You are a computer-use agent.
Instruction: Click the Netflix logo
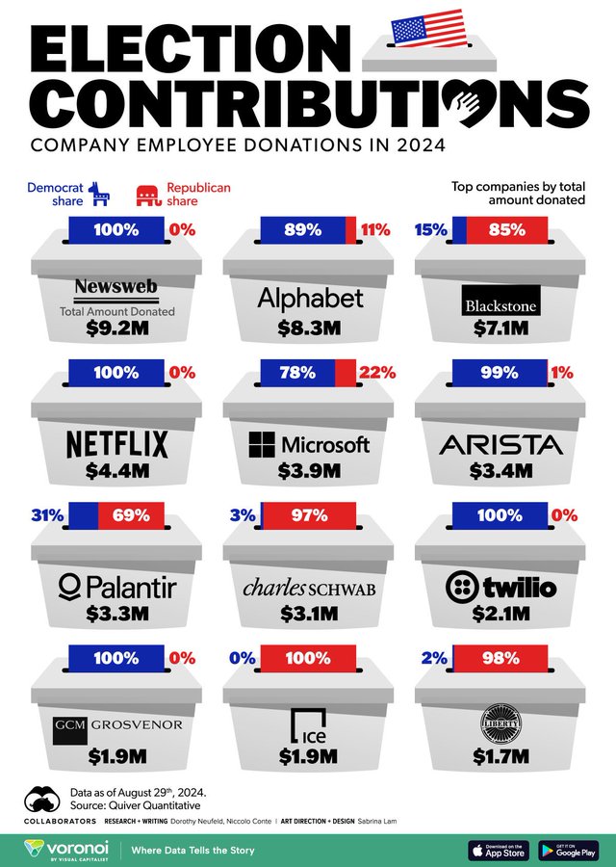point(116,444)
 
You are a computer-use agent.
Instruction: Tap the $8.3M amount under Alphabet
point(308,328)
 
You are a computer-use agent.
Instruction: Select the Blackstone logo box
point(500,300)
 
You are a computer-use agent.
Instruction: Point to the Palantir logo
point(116,586)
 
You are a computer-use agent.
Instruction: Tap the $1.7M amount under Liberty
point(500,756)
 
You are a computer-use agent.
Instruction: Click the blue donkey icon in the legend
point(100,196)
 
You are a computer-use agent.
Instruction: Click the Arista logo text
point(500,444)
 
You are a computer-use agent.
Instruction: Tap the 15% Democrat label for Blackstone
point(429,230)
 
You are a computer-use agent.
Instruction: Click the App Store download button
point(499,851)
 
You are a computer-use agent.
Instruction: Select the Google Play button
point(568,851)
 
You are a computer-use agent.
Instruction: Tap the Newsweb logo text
point(116,288)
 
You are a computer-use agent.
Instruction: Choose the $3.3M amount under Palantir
point(116,614)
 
